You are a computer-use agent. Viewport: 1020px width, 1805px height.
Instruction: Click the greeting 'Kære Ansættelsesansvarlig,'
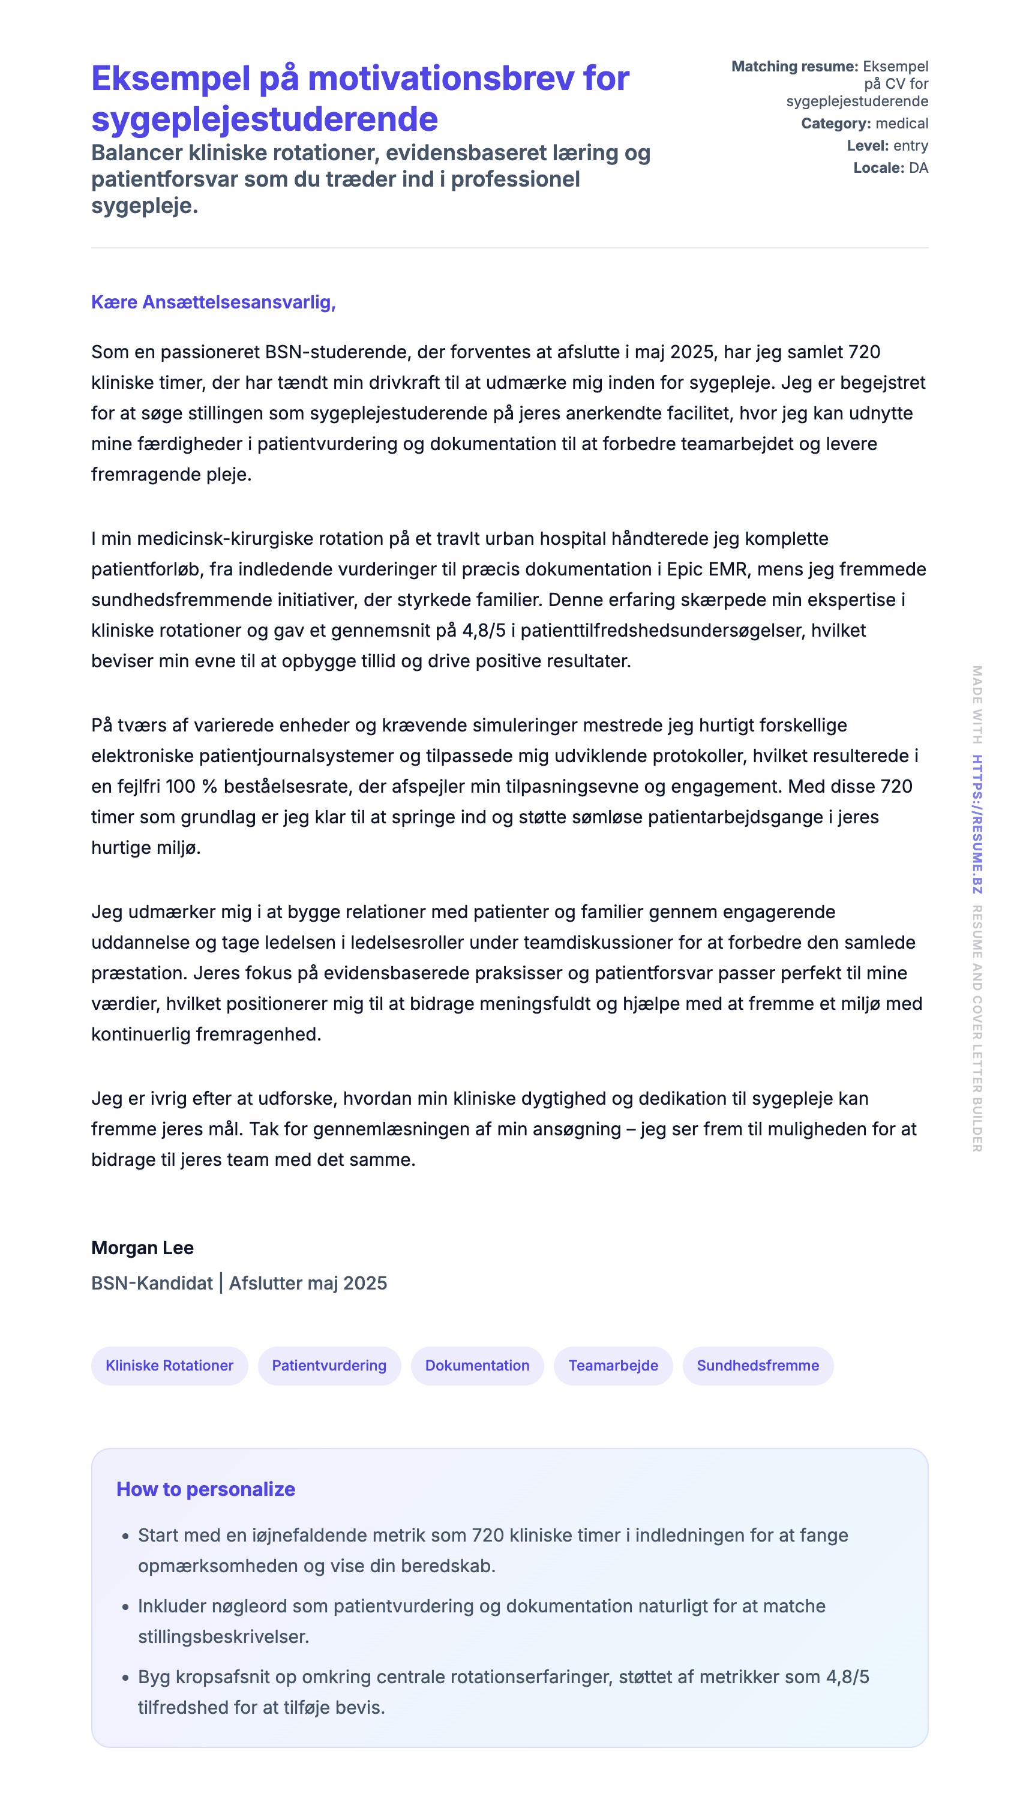[213, 302]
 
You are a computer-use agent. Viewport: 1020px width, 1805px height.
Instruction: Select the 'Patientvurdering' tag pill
[329, 1365]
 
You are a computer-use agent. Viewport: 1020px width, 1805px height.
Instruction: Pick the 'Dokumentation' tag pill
[477, 1365]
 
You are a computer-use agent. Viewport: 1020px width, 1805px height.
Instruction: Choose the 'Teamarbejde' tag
[613, 1365]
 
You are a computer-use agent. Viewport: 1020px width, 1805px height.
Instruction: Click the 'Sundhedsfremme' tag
[757, 1365]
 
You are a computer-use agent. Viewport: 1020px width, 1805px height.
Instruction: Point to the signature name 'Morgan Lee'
[142, 1248]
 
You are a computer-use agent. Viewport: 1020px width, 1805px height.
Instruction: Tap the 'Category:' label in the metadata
[836, 124]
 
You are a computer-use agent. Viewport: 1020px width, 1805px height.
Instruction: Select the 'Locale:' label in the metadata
[878, 167]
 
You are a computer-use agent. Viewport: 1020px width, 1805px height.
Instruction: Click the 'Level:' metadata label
[867, 146]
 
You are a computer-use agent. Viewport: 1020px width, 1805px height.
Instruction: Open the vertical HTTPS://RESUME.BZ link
[977, 824]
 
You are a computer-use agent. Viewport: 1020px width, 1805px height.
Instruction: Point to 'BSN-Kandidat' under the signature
[151, 1283]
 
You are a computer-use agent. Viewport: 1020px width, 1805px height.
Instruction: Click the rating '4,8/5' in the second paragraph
[484, 630]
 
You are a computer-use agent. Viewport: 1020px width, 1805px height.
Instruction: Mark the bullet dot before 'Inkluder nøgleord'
[125, 1607]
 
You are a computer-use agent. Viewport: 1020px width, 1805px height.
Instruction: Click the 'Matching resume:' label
[794, 67]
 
